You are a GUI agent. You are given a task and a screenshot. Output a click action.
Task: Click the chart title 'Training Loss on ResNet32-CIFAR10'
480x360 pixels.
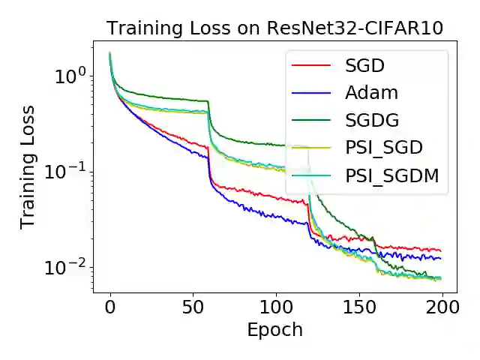click(274, 28)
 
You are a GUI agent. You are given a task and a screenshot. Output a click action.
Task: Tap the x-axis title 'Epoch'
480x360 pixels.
click(274, 329)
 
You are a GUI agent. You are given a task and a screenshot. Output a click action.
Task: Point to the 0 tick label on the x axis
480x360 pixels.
click(109, 307)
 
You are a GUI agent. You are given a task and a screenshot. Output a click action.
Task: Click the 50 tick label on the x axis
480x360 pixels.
click(193, 307)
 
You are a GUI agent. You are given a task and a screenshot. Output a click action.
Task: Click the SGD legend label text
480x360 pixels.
click(364, 66)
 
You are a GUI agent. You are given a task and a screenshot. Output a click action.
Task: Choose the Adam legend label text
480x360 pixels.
click(372, 94)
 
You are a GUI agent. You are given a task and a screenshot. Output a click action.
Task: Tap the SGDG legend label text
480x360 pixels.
click(373, 121)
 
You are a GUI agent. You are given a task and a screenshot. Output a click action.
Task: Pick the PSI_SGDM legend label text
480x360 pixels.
click(391, 176)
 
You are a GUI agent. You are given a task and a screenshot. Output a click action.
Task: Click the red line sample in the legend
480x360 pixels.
click(310, 66)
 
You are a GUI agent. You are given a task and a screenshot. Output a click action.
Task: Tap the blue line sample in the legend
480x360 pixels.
click(310, 94)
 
